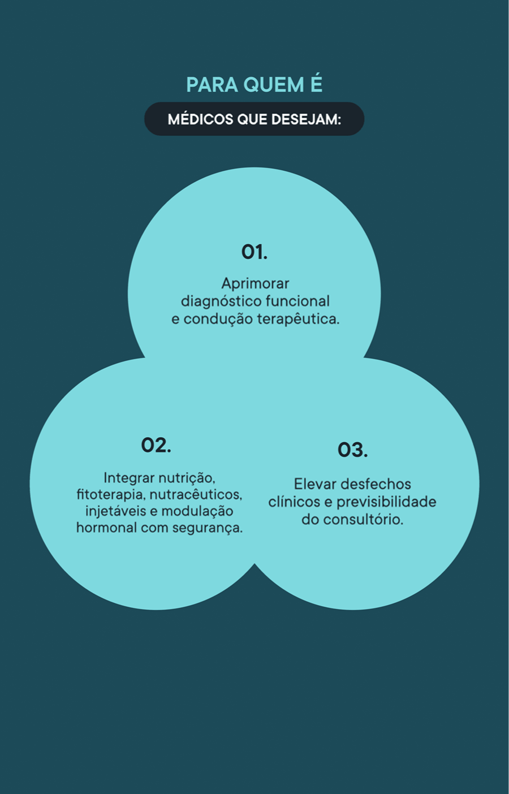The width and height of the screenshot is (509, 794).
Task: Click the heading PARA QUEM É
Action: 254,85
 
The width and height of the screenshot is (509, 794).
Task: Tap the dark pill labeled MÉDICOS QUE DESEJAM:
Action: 254,119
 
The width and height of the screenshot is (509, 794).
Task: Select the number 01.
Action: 255,252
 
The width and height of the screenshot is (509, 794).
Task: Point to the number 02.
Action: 156,446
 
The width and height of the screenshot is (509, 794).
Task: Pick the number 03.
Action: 352,450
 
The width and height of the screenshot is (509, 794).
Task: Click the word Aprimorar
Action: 255,283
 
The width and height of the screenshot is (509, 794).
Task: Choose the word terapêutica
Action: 298,319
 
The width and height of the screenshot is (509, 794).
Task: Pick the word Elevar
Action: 316,484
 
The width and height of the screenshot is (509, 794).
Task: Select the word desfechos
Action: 376,484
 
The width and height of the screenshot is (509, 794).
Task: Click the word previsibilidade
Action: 386,502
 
